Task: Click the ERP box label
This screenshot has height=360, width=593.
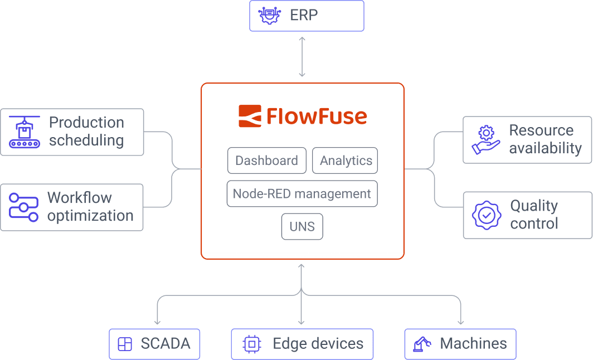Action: coord(304,15)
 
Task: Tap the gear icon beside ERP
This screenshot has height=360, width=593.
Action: coord(270,16)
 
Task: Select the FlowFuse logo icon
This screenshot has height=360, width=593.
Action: coord(250,116)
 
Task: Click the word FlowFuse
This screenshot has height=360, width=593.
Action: coord(317,116)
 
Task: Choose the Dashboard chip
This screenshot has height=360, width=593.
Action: coord(266,160)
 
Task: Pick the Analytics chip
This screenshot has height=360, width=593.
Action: coord(346,160)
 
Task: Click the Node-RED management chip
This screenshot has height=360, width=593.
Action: coord(302,194)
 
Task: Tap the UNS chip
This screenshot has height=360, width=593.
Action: coord(302,227)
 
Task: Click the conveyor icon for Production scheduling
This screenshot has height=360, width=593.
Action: coord(25,132)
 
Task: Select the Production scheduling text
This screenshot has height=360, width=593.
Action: coord(86,132)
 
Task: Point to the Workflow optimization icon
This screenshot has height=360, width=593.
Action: coord(23,207)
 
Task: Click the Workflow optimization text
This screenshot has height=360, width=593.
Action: coord(90,207)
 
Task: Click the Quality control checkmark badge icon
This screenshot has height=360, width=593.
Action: coord(487,215)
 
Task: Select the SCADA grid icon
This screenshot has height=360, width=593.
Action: coord(125,344)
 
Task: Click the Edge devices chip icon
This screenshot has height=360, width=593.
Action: coord(252,344)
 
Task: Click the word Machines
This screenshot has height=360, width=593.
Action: coord(473,344)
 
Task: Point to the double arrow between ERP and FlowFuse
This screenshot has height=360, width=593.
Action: coord(302,57)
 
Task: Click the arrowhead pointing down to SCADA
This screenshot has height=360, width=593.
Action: coord(157,321)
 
